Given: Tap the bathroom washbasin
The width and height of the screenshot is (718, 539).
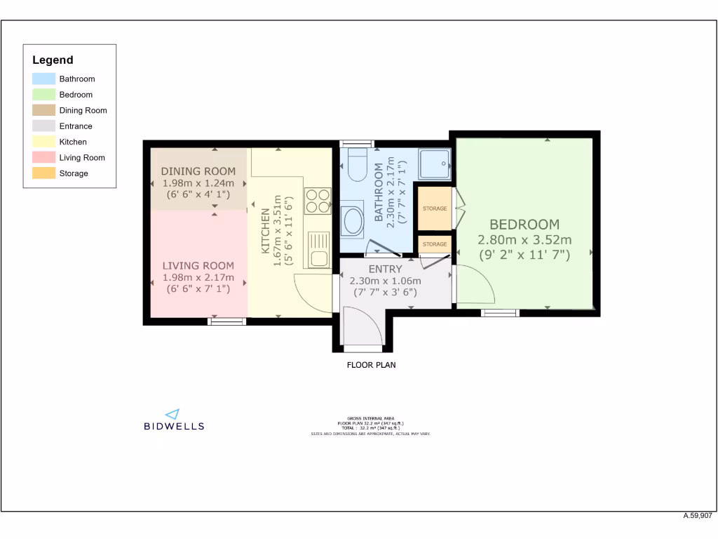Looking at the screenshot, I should pos(352,220).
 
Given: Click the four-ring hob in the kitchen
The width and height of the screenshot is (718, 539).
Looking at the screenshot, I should pos(318,201).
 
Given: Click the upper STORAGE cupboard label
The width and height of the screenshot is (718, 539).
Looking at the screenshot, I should pos(435,208).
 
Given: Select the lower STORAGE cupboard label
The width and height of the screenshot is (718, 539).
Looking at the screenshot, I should pos(435,244).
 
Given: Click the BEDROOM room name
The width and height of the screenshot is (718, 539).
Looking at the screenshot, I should pos(524,225).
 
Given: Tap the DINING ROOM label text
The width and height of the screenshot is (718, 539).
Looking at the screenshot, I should pos(198,171).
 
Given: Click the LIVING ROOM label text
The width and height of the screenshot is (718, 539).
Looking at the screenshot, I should pos(198,266).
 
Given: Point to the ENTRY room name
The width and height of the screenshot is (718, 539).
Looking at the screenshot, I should pos(385,269).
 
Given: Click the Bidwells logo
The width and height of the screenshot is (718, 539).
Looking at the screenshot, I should pos(174,420).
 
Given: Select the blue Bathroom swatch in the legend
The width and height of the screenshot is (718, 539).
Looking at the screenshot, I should pos(43,79).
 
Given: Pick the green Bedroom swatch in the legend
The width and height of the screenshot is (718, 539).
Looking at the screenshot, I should pos(43,95).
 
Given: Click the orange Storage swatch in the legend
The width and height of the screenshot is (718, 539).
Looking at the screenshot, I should pos(43,173).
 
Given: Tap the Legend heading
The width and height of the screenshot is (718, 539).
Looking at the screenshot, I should pos(53,60).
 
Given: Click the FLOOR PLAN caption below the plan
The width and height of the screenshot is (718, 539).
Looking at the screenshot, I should pos(372,365).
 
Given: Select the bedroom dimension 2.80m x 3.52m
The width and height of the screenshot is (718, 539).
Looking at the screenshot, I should pos(524,240).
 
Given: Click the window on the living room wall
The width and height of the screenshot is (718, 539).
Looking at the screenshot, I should pos(228,321).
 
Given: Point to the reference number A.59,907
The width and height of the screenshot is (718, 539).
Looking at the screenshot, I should pos(698,515).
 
